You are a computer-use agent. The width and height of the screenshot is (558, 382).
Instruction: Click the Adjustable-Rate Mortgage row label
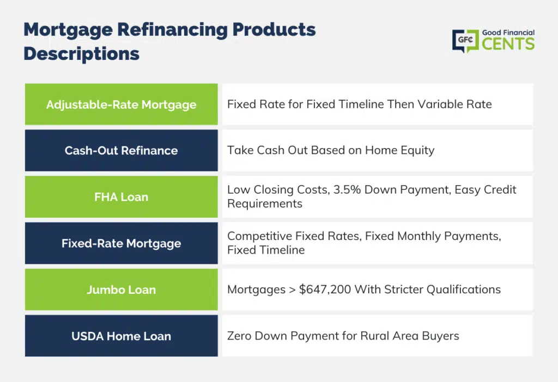(x=121, y=104)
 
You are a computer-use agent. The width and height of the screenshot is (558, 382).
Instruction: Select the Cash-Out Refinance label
(x=121, y=150)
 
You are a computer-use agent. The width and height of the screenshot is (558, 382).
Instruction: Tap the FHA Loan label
(x=121, y=197)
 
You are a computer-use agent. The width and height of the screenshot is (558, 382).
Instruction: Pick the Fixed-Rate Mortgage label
(x=121, y=243)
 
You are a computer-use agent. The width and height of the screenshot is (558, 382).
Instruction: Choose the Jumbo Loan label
(x=121, y=289)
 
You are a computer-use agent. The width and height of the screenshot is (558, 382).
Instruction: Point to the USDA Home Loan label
(x=121, y=336)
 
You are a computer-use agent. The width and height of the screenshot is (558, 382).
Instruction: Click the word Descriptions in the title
(x=82, y=54)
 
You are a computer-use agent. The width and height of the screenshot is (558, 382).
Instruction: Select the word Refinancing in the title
(x=172, y=30)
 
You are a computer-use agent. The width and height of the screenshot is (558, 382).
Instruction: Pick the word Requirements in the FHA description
(x=265, y=204)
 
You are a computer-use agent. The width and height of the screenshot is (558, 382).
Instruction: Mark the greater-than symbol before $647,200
(x=292, y=290)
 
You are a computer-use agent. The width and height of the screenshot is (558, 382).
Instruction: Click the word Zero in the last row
(x=239, y=336)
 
